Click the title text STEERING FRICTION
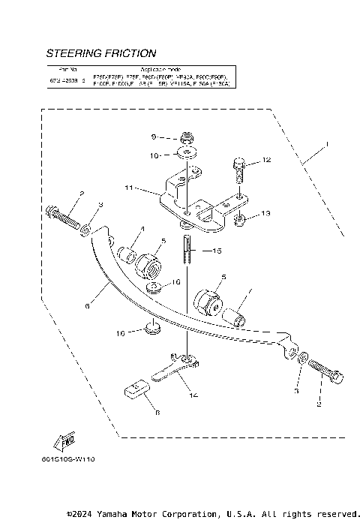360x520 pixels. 101,54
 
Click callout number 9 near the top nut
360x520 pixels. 154,137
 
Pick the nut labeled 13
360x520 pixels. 241,220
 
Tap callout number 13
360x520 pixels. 264,213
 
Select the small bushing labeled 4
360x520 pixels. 130,255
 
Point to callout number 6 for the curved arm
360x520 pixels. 87,306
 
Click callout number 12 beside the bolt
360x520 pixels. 265,161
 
